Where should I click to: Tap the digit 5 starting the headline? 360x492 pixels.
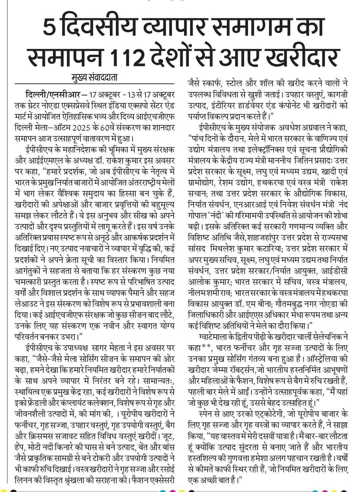49,28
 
